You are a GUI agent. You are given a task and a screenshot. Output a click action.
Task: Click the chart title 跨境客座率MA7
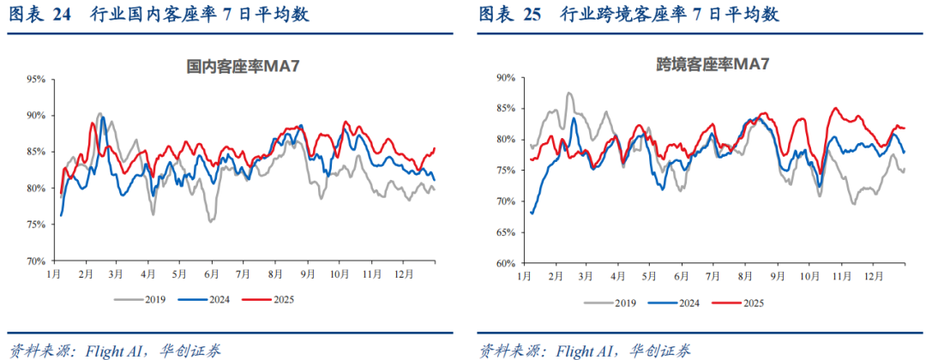coord(711,63)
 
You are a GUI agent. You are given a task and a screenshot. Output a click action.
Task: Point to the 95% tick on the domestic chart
coord(36,79)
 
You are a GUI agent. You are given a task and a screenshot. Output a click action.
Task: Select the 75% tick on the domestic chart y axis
coord(36,225)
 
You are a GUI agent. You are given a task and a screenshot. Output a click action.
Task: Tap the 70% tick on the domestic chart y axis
coord(36,261)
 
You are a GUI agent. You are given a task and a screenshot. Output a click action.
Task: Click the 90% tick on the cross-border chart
coord(504,77)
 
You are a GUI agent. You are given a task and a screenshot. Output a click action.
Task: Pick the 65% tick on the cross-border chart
coord(504,232)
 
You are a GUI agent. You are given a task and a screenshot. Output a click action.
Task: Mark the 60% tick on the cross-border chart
coord(504,263)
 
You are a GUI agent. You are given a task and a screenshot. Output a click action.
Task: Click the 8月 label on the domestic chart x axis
coord(274,273)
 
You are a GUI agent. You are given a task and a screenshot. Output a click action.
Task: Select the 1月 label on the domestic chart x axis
coord(53,273)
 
